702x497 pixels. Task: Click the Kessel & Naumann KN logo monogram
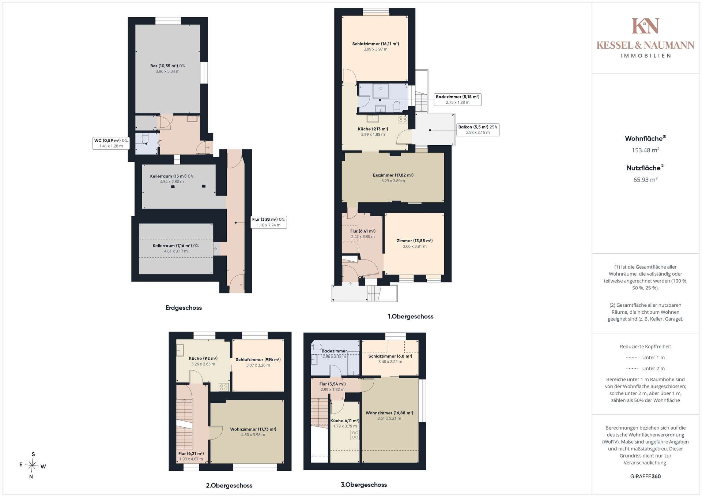(645, 26)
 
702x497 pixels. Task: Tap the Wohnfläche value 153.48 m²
(645, 150)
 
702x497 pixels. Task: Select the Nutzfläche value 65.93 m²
(645, 180)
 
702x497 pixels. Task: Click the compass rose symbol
(33, 466)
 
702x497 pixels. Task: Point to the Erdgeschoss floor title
(184, 308)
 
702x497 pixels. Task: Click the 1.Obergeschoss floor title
(411, 317)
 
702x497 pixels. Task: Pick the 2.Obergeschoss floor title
(229, 486)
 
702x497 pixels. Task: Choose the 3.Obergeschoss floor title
(364, 485)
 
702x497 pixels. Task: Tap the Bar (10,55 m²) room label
(167, 66)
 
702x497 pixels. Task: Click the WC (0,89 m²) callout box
(111, 143)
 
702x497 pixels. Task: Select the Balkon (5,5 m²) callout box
(478, 130)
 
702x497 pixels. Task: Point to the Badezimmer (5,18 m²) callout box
(457, 100)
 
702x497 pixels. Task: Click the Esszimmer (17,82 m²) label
(393, 175)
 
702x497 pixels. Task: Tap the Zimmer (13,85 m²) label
(415, 241)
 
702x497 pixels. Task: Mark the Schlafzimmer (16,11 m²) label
(375, 44)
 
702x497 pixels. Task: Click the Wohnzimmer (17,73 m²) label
(253, 429)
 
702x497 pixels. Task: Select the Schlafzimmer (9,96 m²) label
(258, 360)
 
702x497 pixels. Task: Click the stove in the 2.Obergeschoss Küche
(224, 387)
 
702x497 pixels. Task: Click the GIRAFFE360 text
(645, 477)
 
